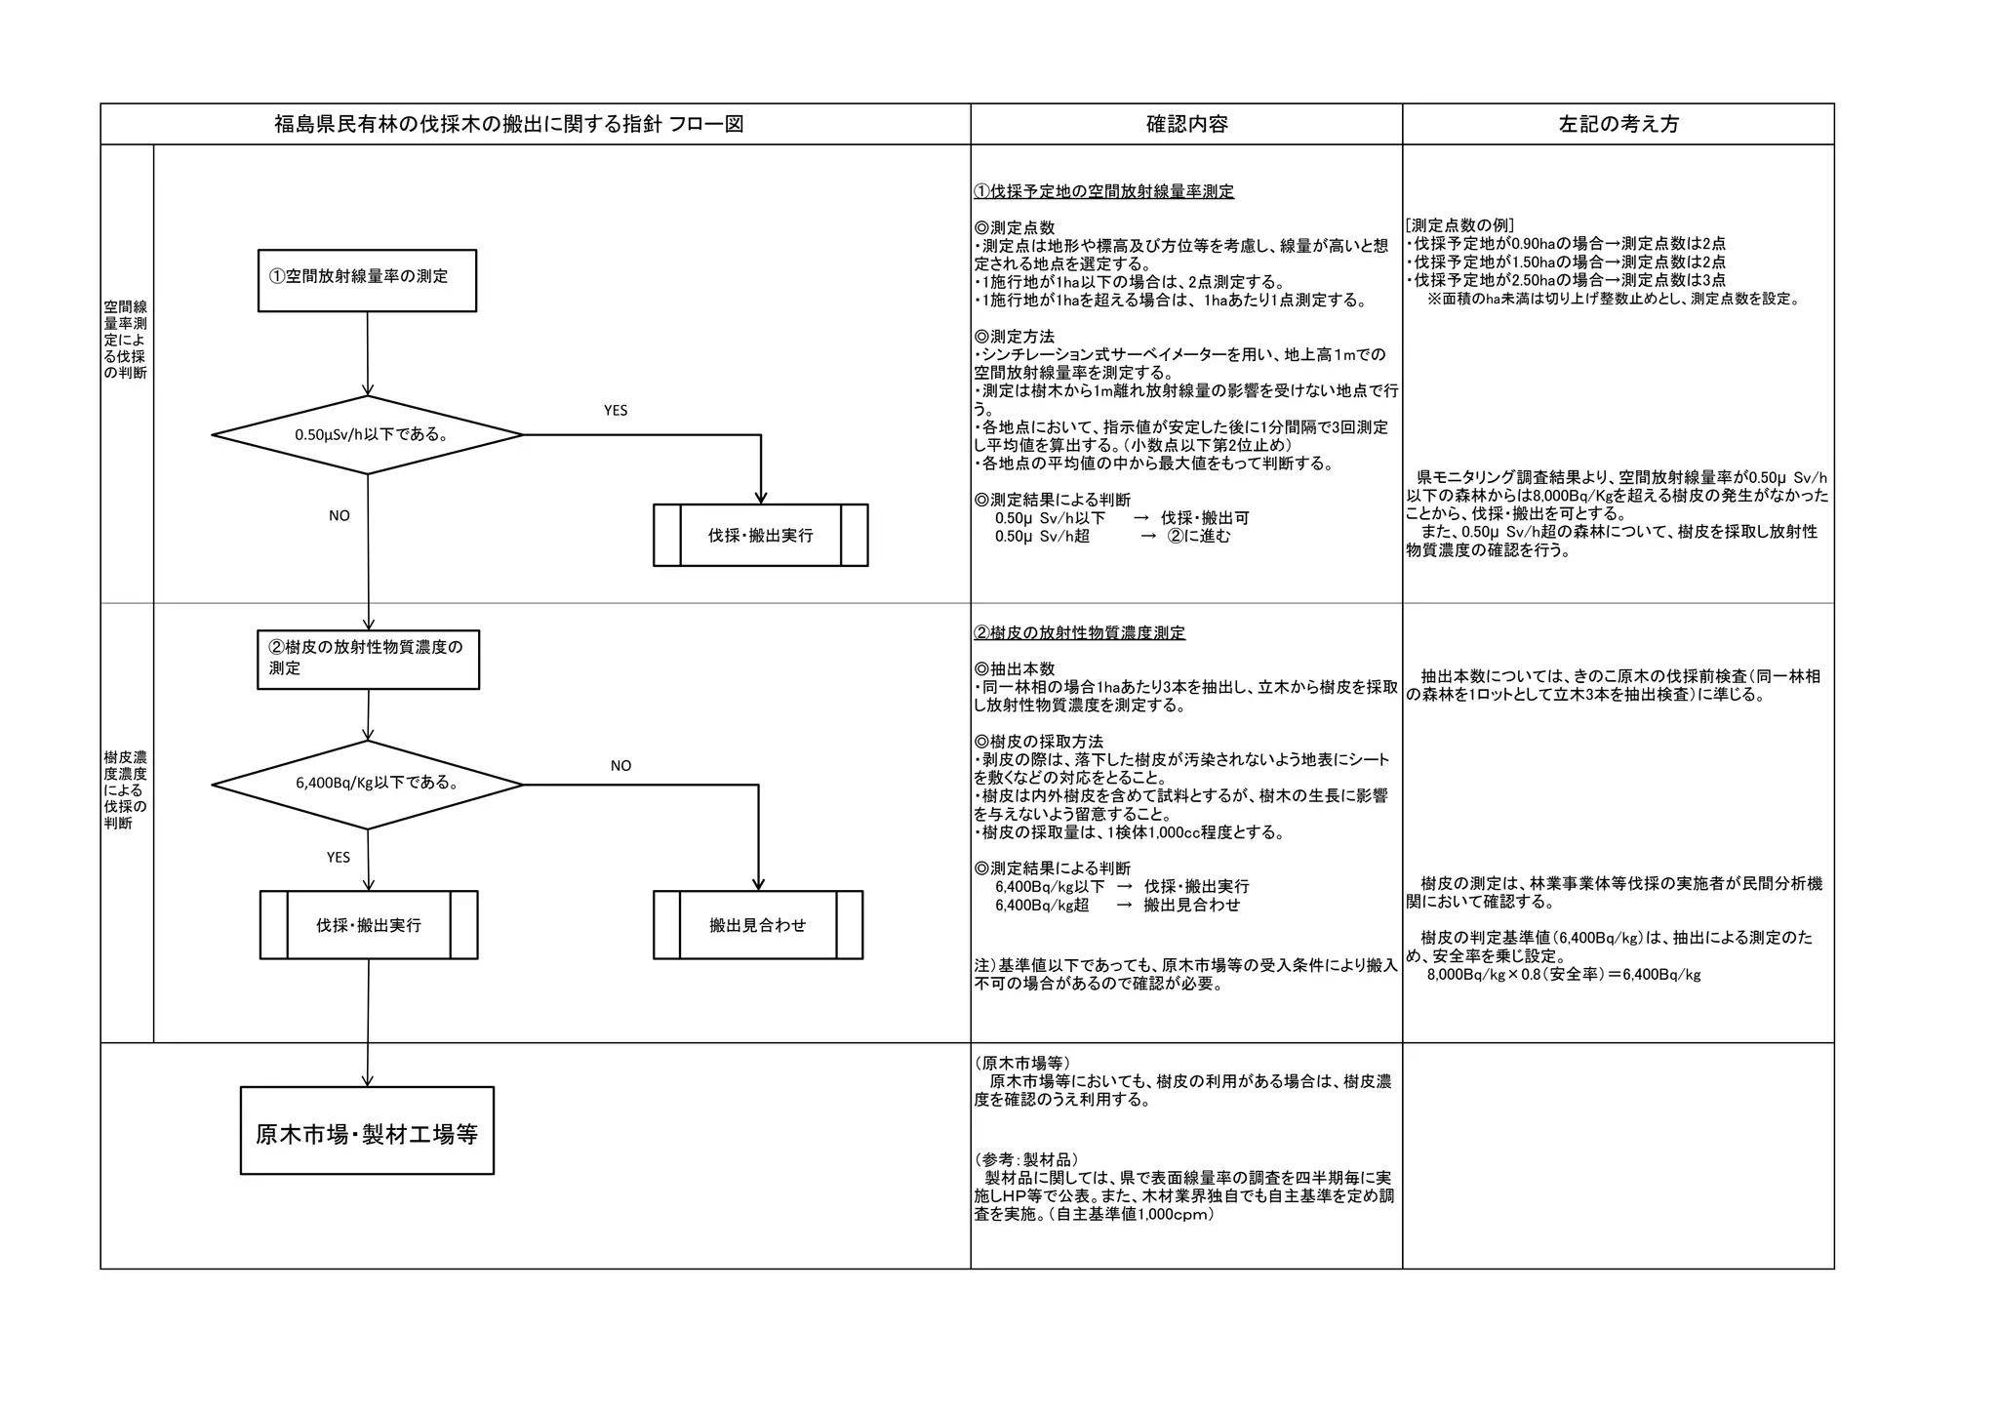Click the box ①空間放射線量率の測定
click(x=367, y=280)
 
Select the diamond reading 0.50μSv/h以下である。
click(x=368, y=434)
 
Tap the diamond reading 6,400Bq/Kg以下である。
click(x=368, y=784)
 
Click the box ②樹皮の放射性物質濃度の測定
click(x=368, y=660)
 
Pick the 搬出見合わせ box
click(x=758, y=925)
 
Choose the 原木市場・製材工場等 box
click(x=367, y=1131)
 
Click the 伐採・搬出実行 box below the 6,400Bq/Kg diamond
click(x=369, y=925)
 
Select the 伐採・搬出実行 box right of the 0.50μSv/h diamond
click(x=760, y=535)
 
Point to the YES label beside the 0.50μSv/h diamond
click(x=616, y=411)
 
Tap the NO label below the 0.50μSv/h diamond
click(x=340, y=516)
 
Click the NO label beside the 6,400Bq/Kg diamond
click(x=620, y=766)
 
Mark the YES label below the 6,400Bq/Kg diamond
click(x=339, y=858)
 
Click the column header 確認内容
click(x=1186, y=124)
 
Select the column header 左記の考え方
click(x=1618, y=124)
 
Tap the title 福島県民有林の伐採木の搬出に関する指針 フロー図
click(x=508, y=124)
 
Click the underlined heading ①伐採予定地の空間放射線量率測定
click(x=1103, y=191)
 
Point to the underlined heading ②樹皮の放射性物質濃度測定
click(x=1079, y=633)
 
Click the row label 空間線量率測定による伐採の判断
click(x=126, y=340)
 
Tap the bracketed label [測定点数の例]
click(x=1459, y=225)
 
